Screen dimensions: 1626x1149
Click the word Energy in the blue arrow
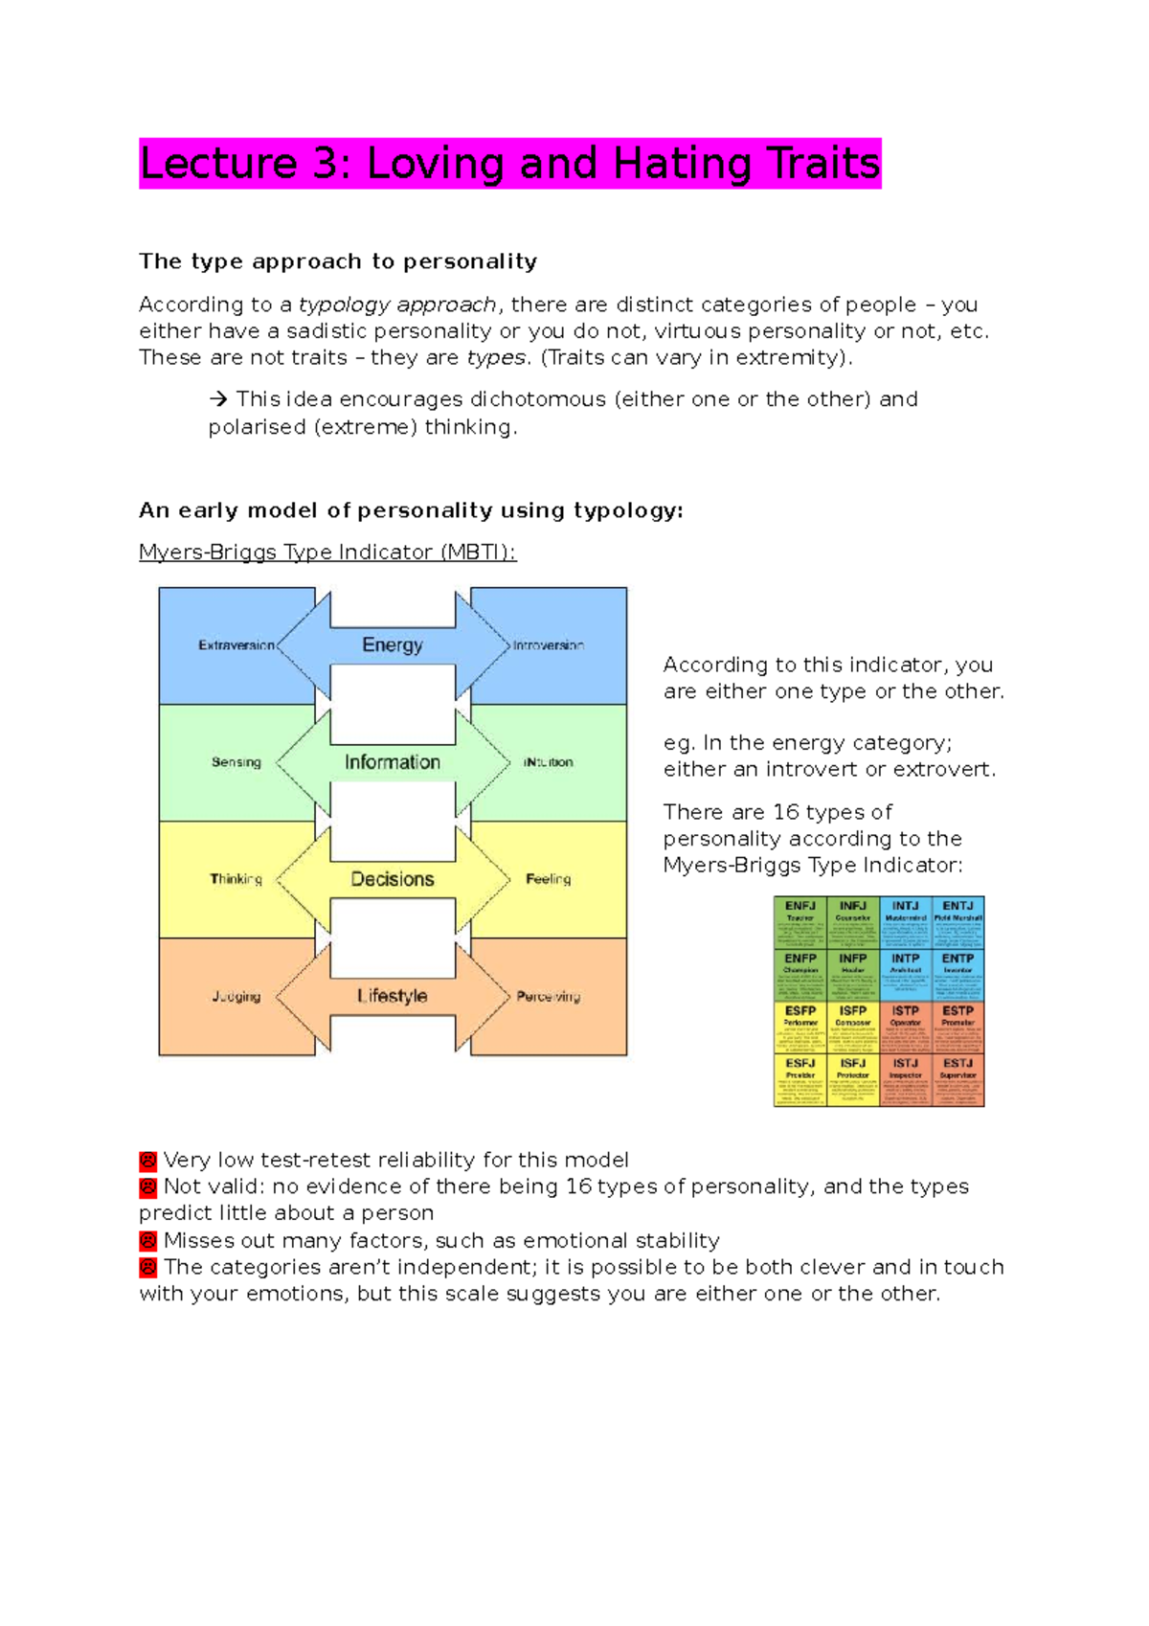tap(392, 644)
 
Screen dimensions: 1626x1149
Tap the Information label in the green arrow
tap(392, 762)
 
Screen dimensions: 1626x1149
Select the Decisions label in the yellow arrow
tap(392, 879)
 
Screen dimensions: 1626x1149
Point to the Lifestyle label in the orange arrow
tap(392, 996)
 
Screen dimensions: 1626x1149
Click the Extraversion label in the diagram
tap(237, 645)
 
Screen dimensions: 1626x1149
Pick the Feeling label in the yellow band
tap(548, 879)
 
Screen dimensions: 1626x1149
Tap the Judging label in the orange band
tap(237, 996)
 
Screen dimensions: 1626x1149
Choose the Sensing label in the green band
tap(237, 762)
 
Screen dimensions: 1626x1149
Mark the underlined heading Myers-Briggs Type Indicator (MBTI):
tap(327, 553)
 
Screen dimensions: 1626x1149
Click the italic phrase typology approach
tap(397, 305)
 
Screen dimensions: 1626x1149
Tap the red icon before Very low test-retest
tap(147, 1161)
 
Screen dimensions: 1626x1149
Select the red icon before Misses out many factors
tap(147, 1241)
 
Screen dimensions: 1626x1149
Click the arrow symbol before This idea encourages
tap(218, 399)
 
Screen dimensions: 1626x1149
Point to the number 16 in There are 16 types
tap(785, 812)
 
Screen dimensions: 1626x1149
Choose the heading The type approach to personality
tap(338, 261)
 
